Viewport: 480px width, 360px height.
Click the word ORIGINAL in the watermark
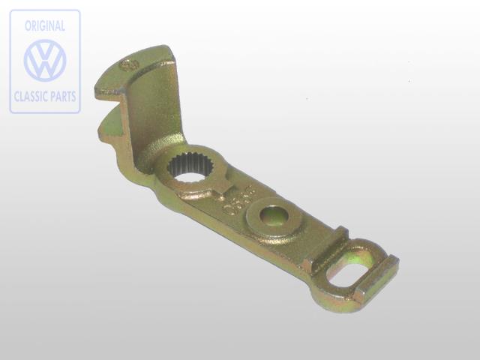[45, 25]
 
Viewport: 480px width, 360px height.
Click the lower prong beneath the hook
[108, 124]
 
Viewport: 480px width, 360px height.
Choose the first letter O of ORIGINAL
[28, 25]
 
